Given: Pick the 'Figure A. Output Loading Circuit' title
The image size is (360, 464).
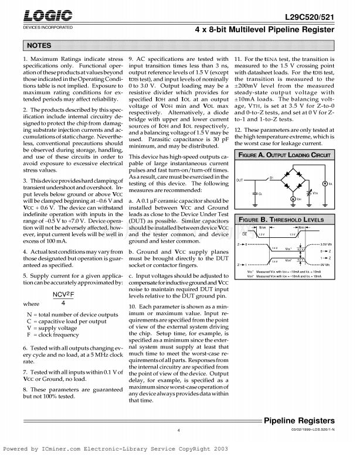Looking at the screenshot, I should click(284, 155).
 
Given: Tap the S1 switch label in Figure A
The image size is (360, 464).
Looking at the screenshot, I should click(271, 176).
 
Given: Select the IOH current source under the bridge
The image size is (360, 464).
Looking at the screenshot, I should click(298, 199).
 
